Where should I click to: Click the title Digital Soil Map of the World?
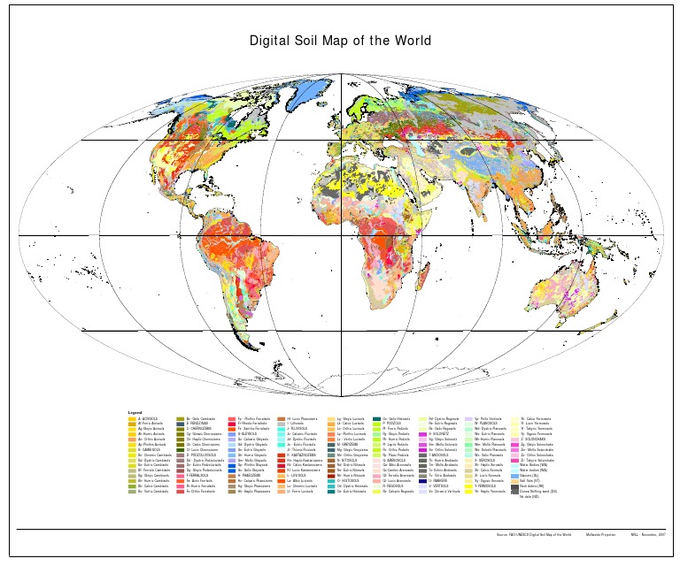(x=340, y=41)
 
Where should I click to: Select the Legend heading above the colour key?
(x=135, y=412)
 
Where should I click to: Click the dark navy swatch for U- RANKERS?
(x=422, y=480)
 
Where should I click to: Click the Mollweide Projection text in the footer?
(x=600, y=535)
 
